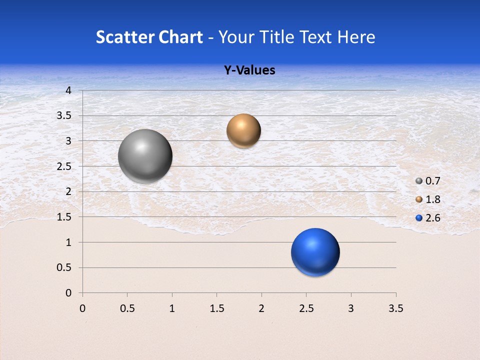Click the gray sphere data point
coord(145,156)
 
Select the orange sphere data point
coord(243,131)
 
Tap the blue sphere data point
coord(315,252)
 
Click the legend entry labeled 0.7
coord(428,181)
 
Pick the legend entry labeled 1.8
coord(428,199)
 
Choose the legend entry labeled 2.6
coord(428,218)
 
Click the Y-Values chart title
coord(249,70)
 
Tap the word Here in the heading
coord(355,37)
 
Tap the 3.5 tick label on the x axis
coord(395,308)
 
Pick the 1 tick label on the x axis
coord(172,308)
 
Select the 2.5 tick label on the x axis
coord(306,308)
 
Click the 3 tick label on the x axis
coord(351,308)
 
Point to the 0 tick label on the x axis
coord(82,308)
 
